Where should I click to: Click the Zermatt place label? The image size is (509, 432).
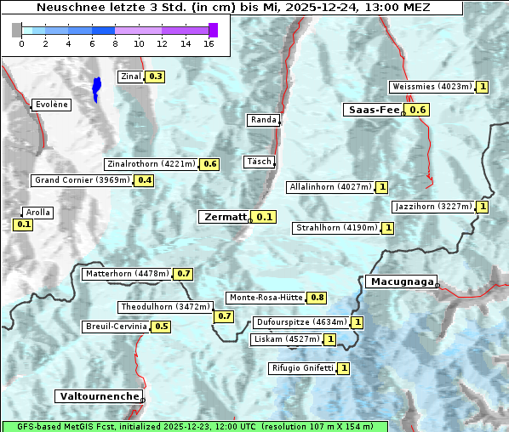225,217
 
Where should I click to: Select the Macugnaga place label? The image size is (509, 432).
401,281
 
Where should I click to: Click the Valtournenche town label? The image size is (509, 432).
99,396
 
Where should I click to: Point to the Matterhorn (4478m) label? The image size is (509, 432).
127,274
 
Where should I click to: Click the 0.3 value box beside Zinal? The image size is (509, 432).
156,77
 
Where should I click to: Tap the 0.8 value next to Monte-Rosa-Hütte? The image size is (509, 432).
317,298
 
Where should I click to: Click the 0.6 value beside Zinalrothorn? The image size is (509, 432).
210,164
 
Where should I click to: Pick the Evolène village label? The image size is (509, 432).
51,105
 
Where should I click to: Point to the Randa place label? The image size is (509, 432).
263,120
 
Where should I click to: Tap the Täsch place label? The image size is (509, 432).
258,162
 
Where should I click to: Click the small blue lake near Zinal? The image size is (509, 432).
96,88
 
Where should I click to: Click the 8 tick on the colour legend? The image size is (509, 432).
115,43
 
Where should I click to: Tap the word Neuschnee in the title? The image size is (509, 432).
67,8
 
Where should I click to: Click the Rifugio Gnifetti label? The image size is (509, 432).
302,368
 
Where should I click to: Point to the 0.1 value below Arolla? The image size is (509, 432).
24,225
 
